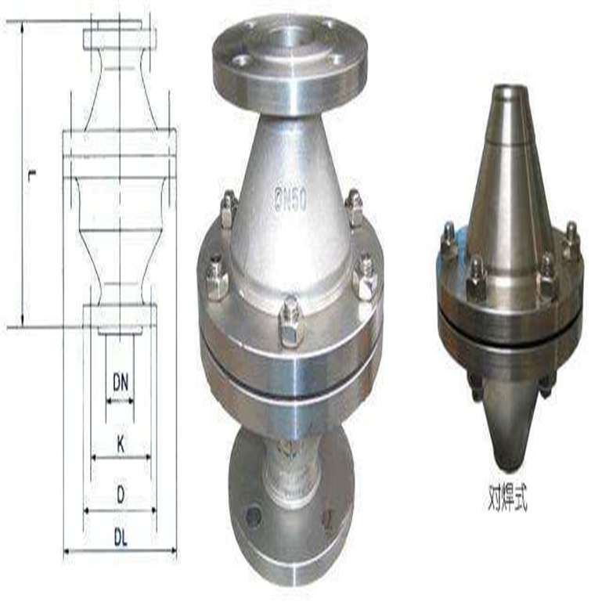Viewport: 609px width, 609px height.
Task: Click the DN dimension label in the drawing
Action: (x=120, y=383)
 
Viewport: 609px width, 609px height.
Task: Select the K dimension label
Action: (x=120, y=444)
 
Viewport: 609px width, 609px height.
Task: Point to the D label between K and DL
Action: (x=120, y=495)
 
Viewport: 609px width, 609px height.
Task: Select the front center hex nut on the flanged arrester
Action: (x=290, y=322)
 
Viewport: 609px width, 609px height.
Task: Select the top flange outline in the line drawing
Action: (x=120, y=38)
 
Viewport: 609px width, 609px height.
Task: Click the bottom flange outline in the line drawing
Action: (x=120, y=316)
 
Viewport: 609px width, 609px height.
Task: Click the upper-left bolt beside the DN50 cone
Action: (x=228, y=210)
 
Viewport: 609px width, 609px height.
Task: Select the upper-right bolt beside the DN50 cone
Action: (x=354, y=208)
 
